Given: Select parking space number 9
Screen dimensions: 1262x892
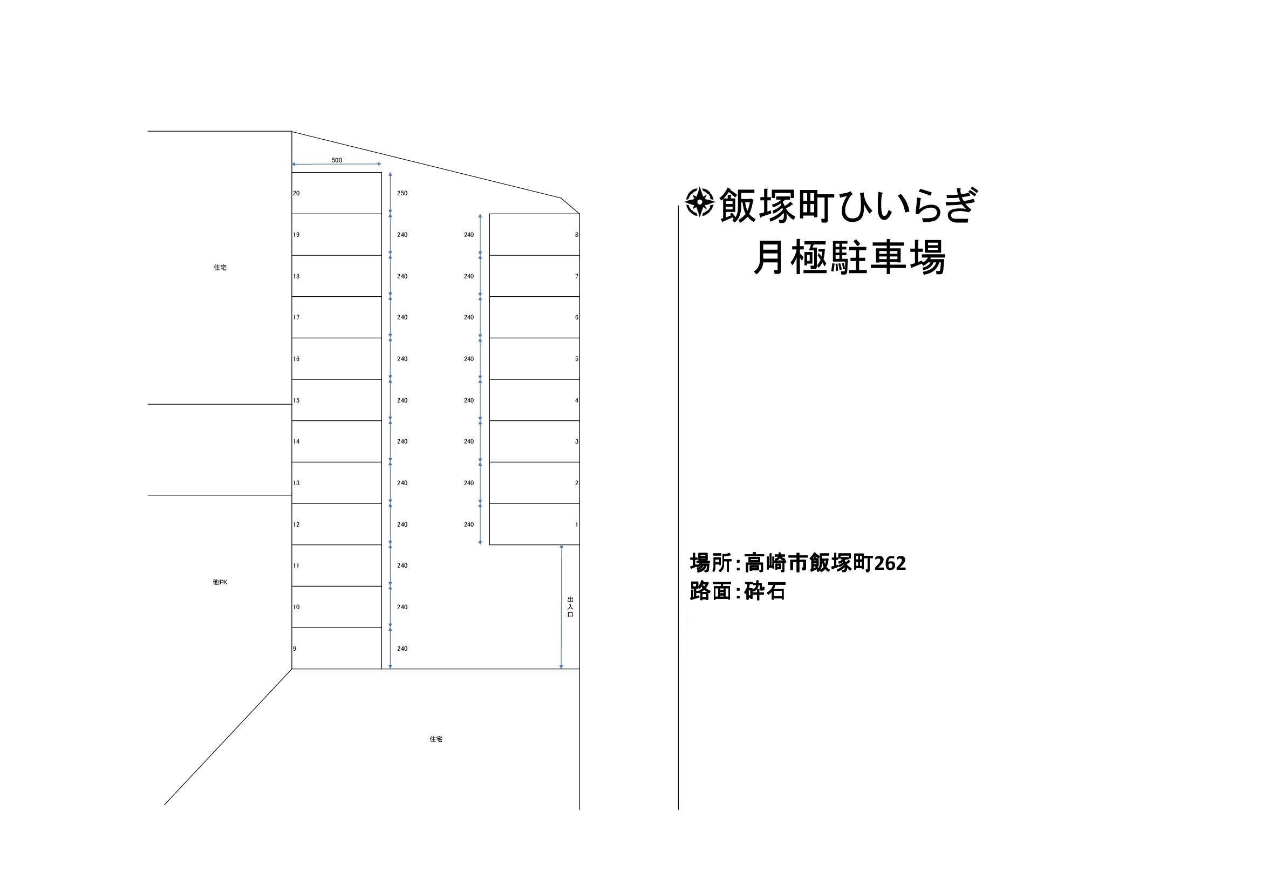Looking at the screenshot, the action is [x=336, y=648].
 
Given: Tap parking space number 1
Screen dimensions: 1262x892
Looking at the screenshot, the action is [x=534, y=525].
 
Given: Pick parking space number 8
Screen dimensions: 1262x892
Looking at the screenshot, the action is [x=534, y=235].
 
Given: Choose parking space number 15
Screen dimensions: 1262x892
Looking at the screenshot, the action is [x=336, y=400].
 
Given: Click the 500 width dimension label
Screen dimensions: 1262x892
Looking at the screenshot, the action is [x=337, y=160].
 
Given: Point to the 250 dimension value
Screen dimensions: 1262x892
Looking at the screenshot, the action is [x=403, y=194].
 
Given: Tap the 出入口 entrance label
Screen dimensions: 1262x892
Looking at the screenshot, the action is [x=570, y=607].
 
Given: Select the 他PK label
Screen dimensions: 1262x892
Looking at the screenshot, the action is [x=220, y=582].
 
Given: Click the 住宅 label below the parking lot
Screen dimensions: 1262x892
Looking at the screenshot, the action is [x=436, y=739].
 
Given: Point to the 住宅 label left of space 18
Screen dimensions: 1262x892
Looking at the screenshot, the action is [x=220, y=268].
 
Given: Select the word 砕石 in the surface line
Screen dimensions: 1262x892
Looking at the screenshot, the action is [x=765, y=592].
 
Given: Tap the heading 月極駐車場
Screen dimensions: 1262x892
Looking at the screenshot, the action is [x=849, y=258].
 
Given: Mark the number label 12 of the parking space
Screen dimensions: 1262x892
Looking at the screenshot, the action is [x=296, y=525].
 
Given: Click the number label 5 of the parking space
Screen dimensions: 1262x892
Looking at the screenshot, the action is [x=577, y=359].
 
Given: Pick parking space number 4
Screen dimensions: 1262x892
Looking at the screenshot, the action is [x=534, y=400].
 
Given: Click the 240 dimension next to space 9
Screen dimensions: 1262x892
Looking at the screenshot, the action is [x=403, y=649].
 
